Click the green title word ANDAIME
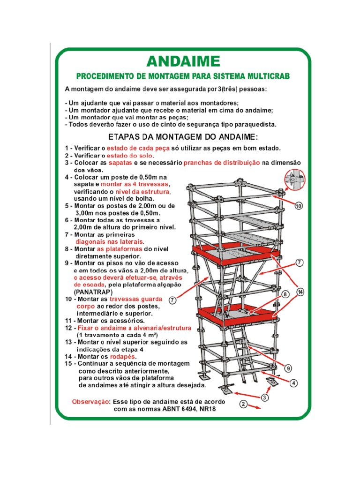(183, 61)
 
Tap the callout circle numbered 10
(299, 206)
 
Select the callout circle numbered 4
(293, 382)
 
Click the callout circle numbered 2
(243, 404)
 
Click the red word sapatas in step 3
(120, 163)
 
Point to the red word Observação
(90, 402)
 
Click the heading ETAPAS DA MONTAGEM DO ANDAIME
(183, 137)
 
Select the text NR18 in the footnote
(207, 409)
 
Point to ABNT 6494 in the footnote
(177, 409)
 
